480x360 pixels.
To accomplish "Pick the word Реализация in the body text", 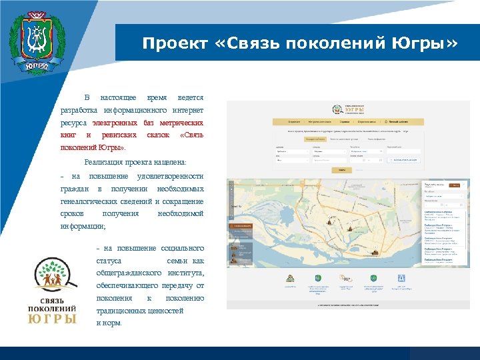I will tap(105, 162).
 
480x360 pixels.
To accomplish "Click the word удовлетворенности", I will tap(170, 176).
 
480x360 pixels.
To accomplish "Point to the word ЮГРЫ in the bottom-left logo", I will tap(51, 319).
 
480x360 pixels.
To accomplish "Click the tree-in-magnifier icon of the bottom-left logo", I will tap(53, 275).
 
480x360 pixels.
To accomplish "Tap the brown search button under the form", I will tap(341, 170).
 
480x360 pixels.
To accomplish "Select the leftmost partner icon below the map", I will tap(290, 278).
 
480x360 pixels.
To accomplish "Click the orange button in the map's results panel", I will tap(455, 185).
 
